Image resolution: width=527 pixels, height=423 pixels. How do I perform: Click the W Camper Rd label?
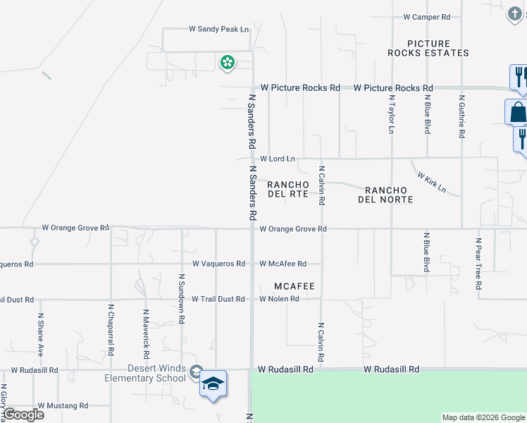coord(427,17)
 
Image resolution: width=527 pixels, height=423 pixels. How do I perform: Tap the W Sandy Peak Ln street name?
coord(219,30)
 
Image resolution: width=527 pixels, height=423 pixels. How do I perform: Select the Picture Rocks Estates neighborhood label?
coord(428,48)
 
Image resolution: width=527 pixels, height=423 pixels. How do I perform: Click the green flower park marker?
coord(228,63)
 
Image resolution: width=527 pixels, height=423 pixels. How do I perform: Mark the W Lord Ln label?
coord(277,159)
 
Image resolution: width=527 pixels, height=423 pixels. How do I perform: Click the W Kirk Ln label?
coord(431,181)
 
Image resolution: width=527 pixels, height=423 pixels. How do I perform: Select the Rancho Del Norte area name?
coord(389,195)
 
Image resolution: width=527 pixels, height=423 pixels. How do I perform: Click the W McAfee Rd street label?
coord(283,264)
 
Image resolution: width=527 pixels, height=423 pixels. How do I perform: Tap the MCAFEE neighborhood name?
coord(294,286)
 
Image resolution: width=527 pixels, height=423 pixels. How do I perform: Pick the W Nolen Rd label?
coord(280,299)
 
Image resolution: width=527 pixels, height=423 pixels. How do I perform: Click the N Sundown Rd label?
coord(182,300)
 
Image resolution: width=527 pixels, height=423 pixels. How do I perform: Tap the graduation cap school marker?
coord(213,384)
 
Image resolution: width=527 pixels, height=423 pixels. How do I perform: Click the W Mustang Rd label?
coord(63,406)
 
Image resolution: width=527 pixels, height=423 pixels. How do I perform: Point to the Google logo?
coord(23,415)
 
